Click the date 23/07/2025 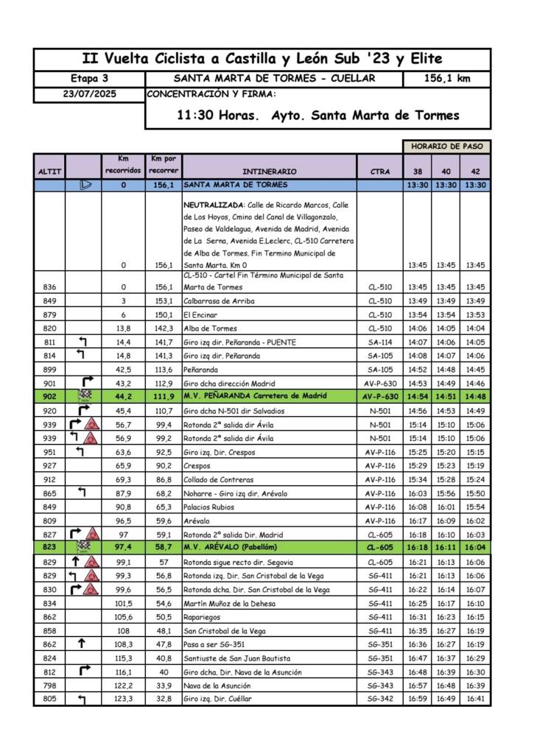pyautogui.click(x=89, y=95)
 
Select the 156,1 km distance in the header pyautogui.click(x=447, y=79)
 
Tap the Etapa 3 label pyautogui.click(x=89, y=79)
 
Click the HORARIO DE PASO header pyautogui.click(x=447, y=147)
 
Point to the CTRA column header pyautogui.click(x=380, y=172)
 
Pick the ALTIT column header pyautogui.click(x=49, y=172)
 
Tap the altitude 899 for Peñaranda pyautogui.click(x=49, y=370)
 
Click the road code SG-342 pyautogui.click(x=380, y=699)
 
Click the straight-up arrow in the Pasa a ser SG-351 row pyautogui.click(x=82, y=644)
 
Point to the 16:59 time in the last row pyautogui.click(x=417, y=699)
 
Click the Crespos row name pyautogui.click(x=197, y=465)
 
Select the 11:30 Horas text pyautogui.click(x=218, y=116)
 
